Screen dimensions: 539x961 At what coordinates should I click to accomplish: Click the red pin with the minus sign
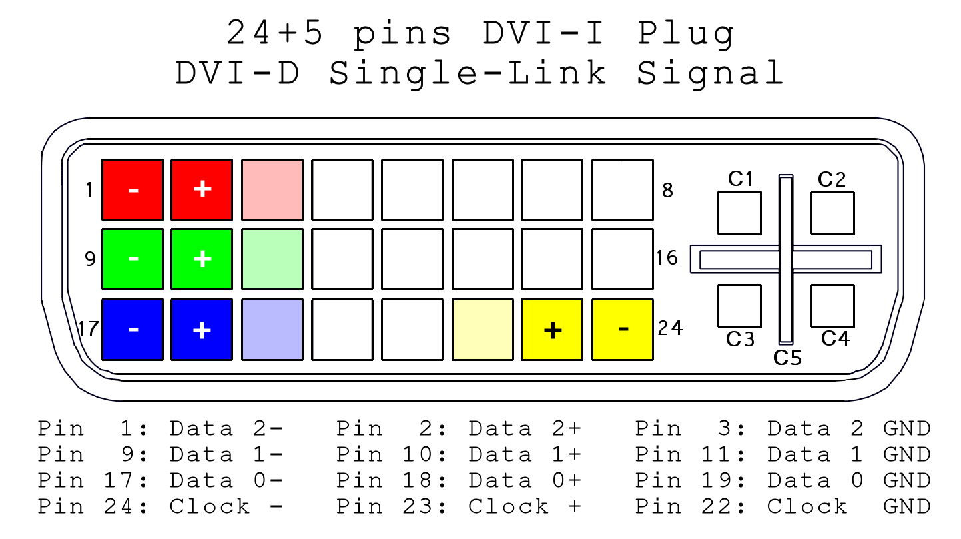132,190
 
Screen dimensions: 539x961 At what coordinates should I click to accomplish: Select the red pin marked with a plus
202,190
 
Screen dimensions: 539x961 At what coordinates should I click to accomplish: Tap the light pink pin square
272,190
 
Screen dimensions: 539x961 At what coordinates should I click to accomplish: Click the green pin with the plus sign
202,259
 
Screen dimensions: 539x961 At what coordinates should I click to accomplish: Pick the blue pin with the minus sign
132,330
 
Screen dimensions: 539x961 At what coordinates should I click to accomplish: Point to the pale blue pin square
272,330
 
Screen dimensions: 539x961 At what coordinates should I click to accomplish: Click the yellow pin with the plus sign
552,330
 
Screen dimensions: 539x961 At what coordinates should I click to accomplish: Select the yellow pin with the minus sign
623,330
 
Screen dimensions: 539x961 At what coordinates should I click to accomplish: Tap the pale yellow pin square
483,330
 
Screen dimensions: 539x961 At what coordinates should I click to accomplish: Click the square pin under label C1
739,213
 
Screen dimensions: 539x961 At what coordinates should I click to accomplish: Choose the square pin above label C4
832,306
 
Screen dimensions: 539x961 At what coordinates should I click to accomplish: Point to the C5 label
788,358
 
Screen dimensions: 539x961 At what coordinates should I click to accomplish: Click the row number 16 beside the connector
667,258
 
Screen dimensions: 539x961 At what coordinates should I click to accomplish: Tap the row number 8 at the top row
667,191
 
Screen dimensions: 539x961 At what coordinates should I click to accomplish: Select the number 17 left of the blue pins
88,329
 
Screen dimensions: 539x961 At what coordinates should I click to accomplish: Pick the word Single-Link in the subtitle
467,73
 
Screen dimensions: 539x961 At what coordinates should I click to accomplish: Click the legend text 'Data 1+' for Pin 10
525,455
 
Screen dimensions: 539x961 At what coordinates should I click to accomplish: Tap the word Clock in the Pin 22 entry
807,507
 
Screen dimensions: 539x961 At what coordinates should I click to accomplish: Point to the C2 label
832,179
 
